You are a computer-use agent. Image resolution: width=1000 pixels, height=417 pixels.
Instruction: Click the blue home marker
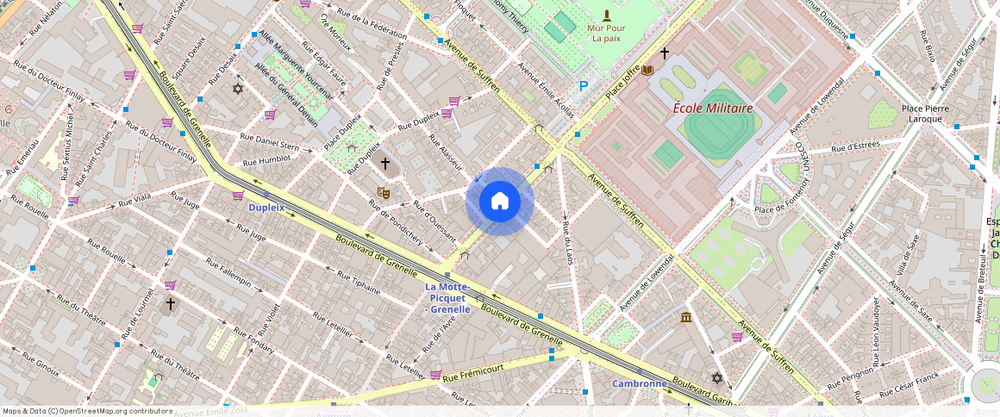pyautogui.click(x=500, y=202)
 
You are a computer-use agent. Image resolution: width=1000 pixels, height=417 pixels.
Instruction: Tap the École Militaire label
pyautogui.click(x=713, y=109)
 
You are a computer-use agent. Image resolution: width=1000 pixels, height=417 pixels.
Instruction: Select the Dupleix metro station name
pyautogui.click(x=266, y=208)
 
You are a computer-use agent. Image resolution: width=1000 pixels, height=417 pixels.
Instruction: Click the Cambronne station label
pyautogui.click(x=640, y=383)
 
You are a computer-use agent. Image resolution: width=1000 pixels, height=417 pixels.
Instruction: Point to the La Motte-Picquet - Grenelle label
pyautogui.click(x=447, y=297)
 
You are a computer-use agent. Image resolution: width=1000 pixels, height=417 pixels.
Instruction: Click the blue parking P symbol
pyautogui.click(x=584, y=86)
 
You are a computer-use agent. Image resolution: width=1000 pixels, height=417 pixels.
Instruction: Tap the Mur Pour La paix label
pyautogui.click(x=607, y=33)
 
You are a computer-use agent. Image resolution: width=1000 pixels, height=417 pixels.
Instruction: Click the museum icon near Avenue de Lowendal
pyautogui.click(x=685, y=318)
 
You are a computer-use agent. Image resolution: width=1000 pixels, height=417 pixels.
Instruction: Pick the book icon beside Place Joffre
pyautogui.click(x=647, y=70)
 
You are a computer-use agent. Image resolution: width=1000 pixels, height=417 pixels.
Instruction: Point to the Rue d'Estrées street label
pyautogui.click(x=854, y=149)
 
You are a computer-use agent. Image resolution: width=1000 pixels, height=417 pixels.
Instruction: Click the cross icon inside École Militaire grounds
pyautogui.click(x=664, y=53)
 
